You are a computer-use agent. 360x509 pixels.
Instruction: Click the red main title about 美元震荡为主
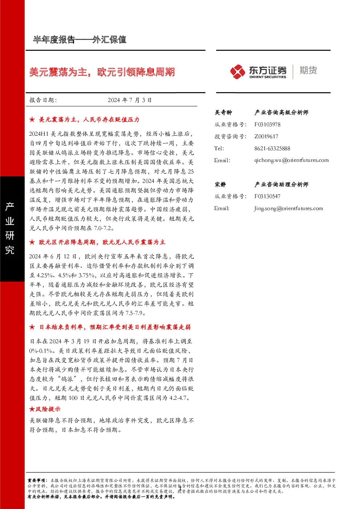(x=102, y=72)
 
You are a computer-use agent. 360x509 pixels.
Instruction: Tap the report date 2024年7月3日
(x=130, y=100)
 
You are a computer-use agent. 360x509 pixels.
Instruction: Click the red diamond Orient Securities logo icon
(x=237, y=72)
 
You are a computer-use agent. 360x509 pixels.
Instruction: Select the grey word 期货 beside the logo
(x=308, y=70)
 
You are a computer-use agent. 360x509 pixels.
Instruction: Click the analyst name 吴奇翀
(x=223, y=112)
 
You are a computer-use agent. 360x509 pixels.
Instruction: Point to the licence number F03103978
(x=267, y=124)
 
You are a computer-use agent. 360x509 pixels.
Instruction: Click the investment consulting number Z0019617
(x=266, y=136)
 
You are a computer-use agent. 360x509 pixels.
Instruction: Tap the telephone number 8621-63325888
(x=272, y=149)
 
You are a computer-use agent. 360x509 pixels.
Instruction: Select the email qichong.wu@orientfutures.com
(x=291, y=160)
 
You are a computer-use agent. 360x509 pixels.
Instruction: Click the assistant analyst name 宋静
(x=220, y=184)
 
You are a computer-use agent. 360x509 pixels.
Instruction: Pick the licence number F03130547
(x=267, y=196)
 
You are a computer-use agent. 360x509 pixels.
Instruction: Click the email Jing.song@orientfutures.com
(x=289, y=209)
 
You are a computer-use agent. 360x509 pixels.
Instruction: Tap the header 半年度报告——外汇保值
(x=79, y=40)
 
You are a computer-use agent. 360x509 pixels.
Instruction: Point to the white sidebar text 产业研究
(x=10, y=228)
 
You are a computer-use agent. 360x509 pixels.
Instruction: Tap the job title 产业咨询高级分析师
(x=281, y=112)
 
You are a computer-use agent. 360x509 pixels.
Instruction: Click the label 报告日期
(x=43, y=100)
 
